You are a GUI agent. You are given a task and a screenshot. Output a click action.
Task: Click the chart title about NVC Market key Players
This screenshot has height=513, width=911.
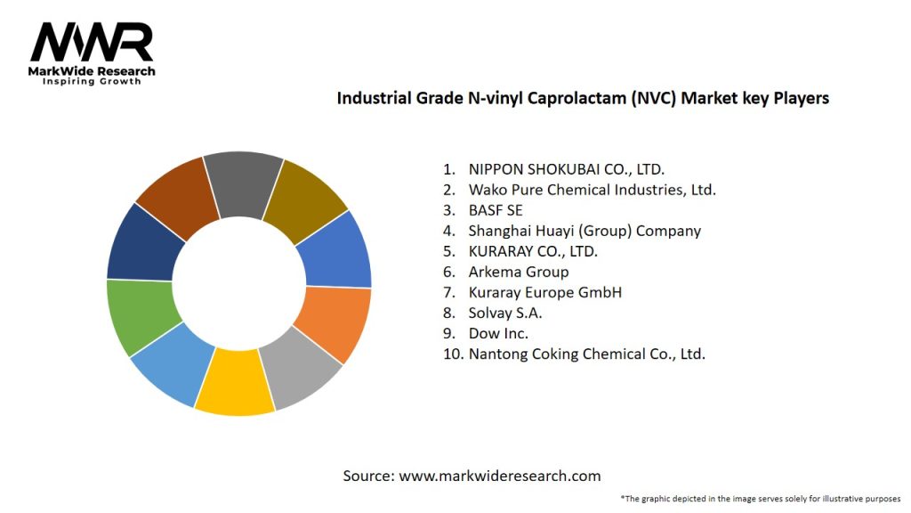[x=582, y=99]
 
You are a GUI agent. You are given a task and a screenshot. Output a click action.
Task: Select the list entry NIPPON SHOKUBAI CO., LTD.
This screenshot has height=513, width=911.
[x=566, y=169]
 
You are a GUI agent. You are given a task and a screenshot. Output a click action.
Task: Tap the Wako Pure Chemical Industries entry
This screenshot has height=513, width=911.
[x=592, y=190]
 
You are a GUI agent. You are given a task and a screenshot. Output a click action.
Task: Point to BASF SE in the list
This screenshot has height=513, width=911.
[x=496, y=210]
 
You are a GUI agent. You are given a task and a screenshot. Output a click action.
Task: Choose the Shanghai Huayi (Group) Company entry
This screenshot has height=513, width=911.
[x=584, y=231]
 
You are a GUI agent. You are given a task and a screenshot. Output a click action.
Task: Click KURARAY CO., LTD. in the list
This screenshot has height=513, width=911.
[x=533, y=251]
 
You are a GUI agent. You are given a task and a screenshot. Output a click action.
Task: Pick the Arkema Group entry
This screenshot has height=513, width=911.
[x=518, y=272]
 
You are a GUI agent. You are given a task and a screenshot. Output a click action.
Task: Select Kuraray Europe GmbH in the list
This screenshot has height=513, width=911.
[x=544, y=292]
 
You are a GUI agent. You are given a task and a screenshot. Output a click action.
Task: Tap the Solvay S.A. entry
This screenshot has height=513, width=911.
[x=504, y=313]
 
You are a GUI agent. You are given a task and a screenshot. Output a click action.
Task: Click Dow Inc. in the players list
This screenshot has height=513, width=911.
[x=498, y=333]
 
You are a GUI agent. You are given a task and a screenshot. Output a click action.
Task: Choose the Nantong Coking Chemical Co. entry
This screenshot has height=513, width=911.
[x=586, y=354]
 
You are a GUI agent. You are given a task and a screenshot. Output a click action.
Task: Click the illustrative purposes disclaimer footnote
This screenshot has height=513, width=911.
[x=761, y=498]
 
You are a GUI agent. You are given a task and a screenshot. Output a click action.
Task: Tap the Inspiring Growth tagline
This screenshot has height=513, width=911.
[x=92, y=81]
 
